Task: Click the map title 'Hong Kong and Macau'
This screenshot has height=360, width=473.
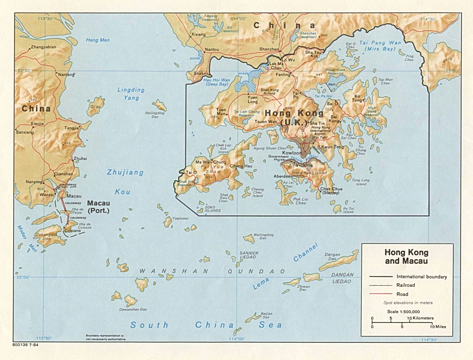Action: pyautogui.click(x=406, y=256)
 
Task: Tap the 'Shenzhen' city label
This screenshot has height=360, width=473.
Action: pyautogui.click(x=269, y=49)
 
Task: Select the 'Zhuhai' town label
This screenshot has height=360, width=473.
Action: pyautogui.click(x=80, y=159)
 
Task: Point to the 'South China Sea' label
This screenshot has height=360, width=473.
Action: pyautogui.click(x=206, y=325)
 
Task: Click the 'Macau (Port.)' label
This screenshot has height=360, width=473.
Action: pyautogui.click(x=98, y=207)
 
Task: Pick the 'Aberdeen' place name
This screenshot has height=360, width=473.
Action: pyautogui.click(x=283, y=177)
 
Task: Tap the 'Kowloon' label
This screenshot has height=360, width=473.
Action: pyautogui.click(x=292, y=153)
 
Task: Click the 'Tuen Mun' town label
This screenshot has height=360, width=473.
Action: pyautogui.click(x=221, y=112)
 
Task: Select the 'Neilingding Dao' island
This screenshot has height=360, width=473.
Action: pyautogui.click(x=159, y=105)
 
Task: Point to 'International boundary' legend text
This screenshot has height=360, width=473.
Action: pyautogui.click(x=421, y=277)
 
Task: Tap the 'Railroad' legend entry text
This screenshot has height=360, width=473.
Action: pyautogui.click(x=406, y=285)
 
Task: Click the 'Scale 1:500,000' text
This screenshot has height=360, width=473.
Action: pyautogui.click(x=403, y=312)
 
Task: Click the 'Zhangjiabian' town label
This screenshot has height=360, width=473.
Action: pyautogui.click(x=43, y=47)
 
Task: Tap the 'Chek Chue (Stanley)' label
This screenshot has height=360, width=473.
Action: pyautogui.click(x=331, y=191)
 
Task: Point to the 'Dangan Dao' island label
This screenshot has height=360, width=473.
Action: pyautogui.click(x=332, y=256)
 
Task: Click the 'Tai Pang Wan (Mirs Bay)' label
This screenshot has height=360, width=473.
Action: pyautogui.click(x=380, y=46)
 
